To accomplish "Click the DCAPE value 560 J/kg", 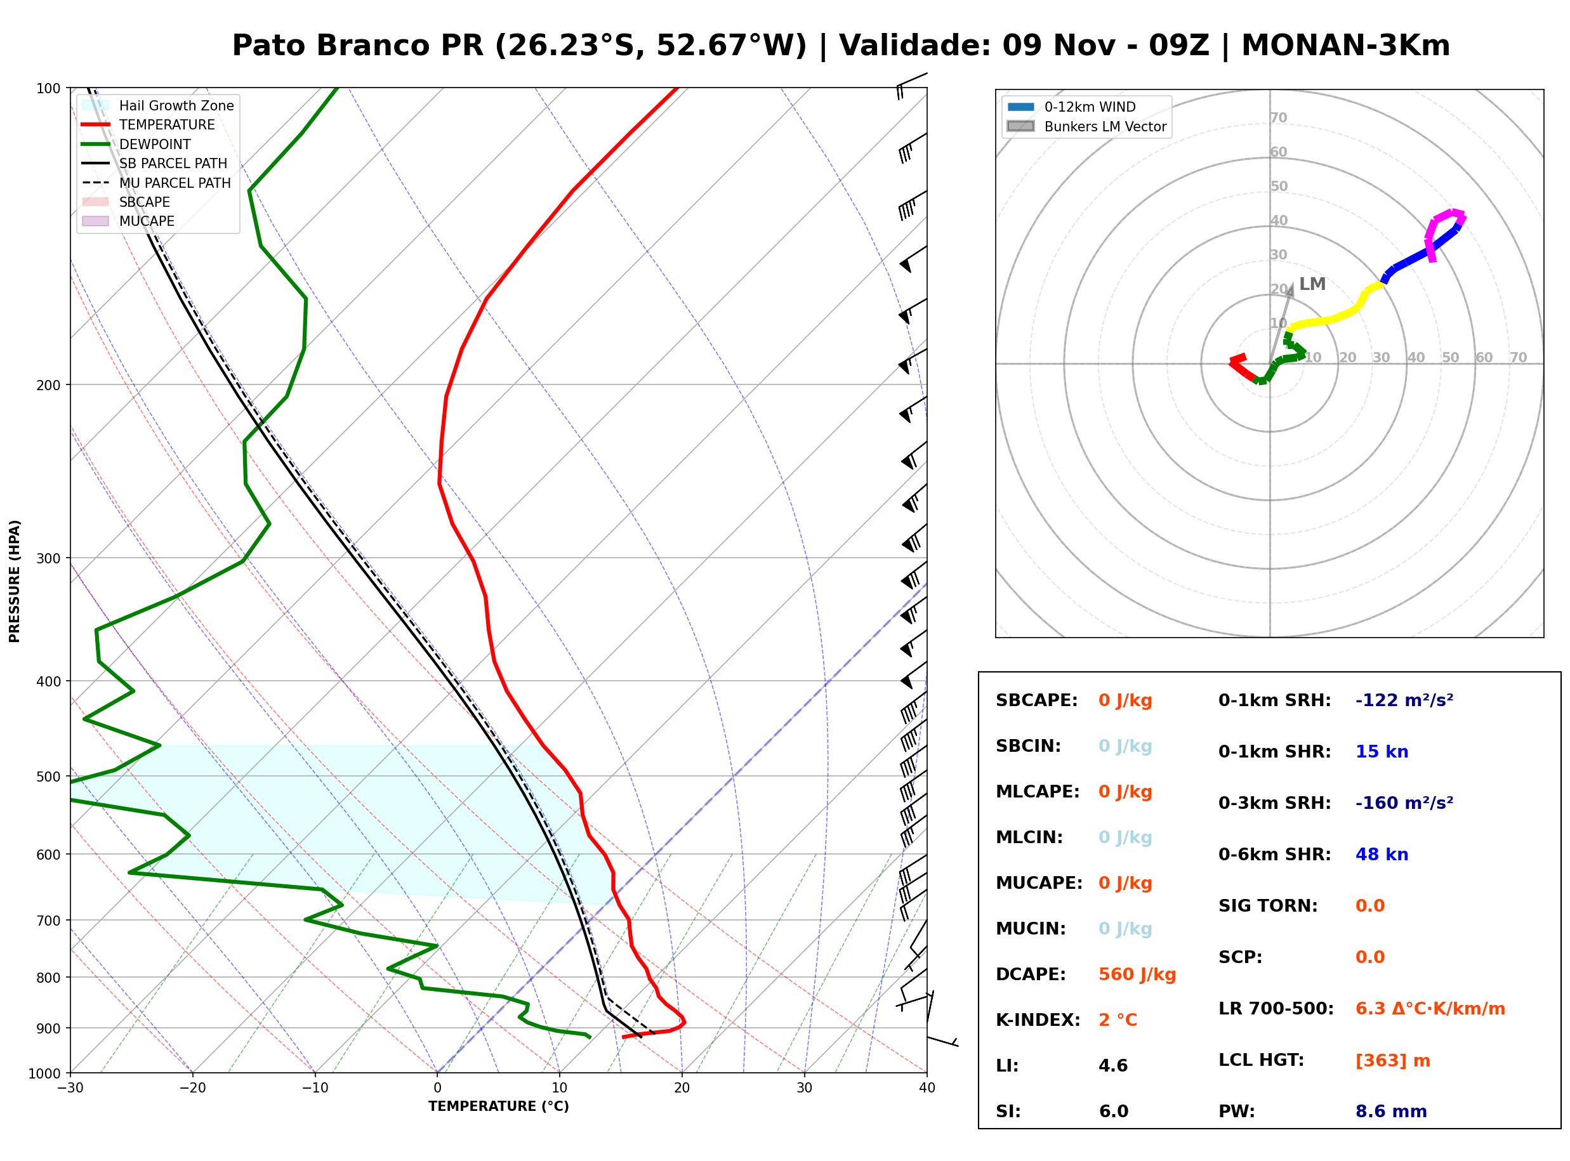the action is [1137, 974].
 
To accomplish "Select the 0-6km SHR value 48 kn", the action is [1382, 854].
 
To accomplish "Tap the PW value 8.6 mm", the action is [1391, 1111].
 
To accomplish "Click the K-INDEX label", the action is [1038, 1020].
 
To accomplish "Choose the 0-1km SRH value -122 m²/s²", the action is [1404, 700].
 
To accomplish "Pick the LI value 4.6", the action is [1113, 1065].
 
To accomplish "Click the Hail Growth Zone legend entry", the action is [157, 105].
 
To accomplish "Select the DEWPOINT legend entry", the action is [136, 144].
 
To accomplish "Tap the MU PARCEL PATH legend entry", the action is [156, 183].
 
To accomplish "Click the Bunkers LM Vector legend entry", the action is [1086, 126].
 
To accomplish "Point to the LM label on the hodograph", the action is [1312, 284].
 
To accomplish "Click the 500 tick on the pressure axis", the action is [48, 777].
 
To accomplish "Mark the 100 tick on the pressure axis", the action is [48, 88].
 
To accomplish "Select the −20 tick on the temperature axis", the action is [192, 1088].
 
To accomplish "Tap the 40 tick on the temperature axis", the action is [927, 1088].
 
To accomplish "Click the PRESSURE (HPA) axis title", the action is [15, 581].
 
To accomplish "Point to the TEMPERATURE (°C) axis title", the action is [498, 1106].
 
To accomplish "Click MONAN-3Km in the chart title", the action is [1345, 45].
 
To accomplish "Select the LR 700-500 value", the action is [1430, 1009].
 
